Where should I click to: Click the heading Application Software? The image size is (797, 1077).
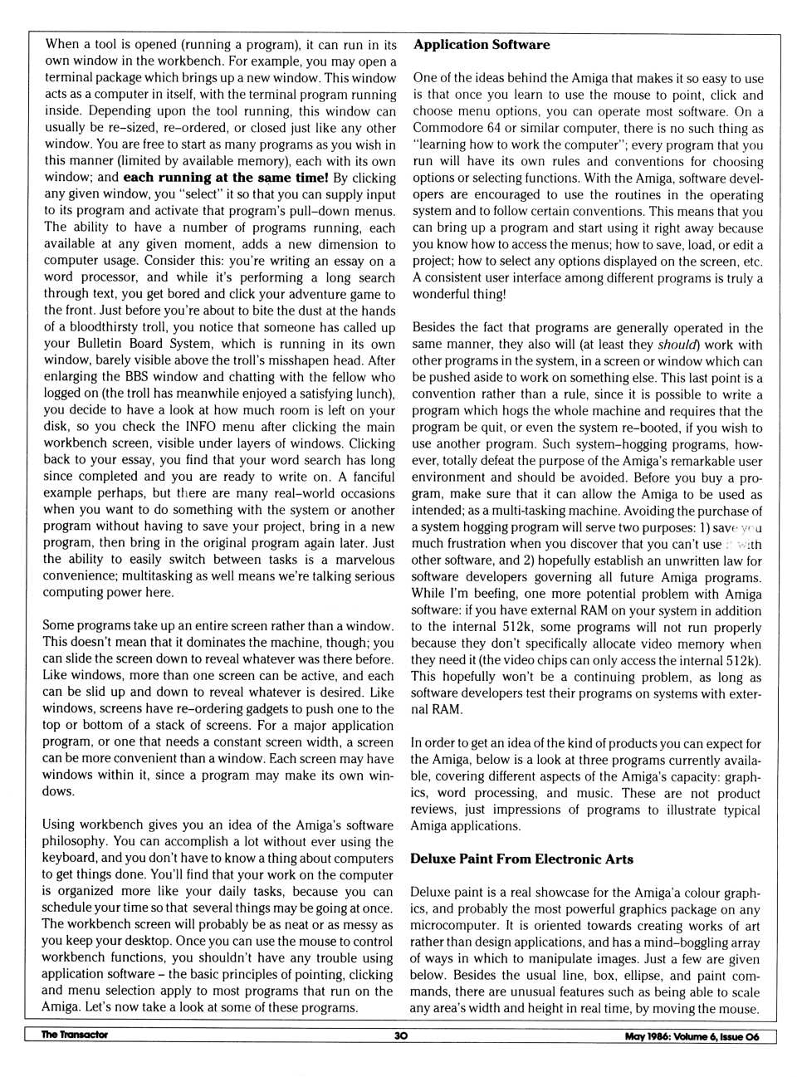click(x=482, y=45)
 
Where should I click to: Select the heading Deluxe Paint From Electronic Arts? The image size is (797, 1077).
click(x=521, y=859)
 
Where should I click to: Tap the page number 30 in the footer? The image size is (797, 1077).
click(x=401, y=1035)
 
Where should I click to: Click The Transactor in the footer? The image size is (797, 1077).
click(x=75, y=1035)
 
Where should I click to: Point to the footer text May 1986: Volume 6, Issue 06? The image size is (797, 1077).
click(x=692, y=1036)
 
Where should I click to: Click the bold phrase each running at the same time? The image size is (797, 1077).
click(x=226, y=178)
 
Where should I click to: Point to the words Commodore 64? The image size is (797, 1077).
click(x=452, y=129)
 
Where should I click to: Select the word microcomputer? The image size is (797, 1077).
click(x=452, y=926)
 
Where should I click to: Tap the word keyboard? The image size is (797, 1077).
click(x=69, y=859)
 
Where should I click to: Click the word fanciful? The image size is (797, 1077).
click(x=372, y=477)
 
